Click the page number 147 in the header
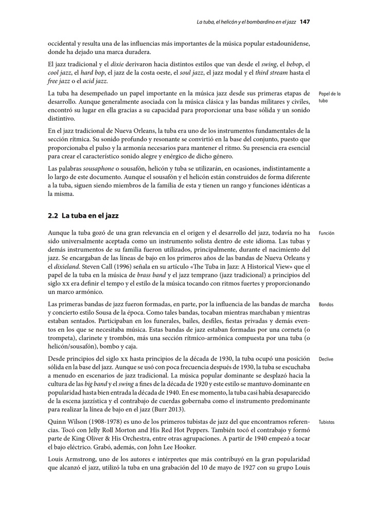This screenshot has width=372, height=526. point(304,22)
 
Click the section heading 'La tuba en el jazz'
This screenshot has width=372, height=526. point(90,216)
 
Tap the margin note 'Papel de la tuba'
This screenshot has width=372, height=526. point(329,97)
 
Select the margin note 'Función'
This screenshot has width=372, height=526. point(326,233)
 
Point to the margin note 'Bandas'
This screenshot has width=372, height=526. point(326,305)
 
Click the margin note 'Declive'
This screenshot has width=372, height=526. point(326,359)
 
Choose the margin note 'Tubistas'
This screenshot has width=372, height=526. point(326,422)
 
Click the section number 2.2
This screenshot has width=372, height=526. point(53,216)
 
